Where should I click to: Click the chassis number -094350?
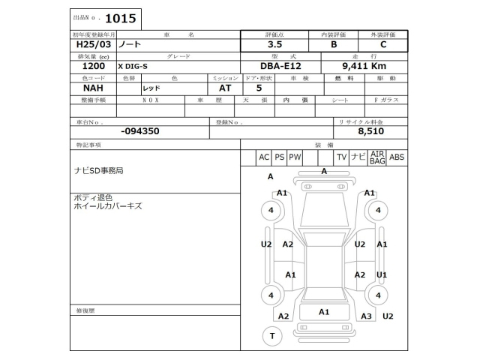pyautogui.click(x=139, y=130)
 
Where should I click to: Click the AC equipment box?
pyautogui.click(x=263, y=157)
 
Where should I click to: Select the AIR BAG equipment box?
pyautogui.click(x=377, y=157)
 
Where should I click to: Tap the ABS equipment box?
pyautogui.click(x=397, y=157)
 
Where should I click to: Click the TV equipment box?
pyautogui.click(x=341, y=157)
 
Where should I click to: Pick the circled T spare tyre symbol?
pyautogui.click(x=271, y=336)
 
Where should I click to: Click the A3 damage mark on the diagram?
pyautogui.click(x=366, y=316)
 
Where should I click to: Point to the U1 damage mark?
pyautogui.click(x=382, y=275)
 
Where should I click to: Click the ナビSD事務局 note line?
pyautogui.click(x=97, y=171)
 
